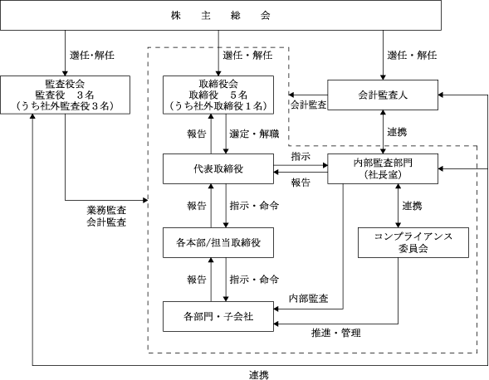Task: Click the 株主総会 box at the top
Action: (x=221, y=15)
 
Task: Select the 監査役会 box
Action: (x=66, y=95)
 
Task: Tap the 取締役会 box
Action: (x=218, y=95)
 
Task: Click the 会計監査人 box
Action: (x=383, y=95)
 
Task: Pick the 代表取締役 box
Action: (x=218, y=168)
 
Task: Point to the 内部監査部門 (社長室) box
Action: (x=383, y=168)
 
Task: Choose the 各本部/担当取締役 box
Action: (x=218, y=242)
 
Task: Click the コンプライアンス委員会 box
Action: (x=413, y=242)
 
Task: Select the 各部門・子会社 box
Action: (x=218, y=316)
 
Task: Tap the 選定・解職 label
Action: (x=254, y=134)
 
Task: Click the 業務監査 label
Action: (x=106, y=210)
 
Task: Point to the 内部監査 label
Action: (x=309, y=299)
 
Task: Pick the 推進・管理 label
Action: (x=336, y=333)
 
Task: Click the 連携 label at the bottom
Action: (x=258, y=375)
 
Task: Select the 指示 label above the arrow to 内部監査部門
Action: (x=301, y=156)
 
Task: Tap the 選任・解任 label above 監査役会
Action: (x=91, y=56)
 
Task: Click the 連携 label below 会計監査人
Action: (x=397, y=132)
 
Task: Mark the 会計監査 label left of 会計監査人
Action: (x=309, y=105)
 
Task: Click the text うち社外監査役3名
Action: (x=66, y=106)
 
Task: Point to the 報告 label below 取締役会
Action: (x=197, y=134)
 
